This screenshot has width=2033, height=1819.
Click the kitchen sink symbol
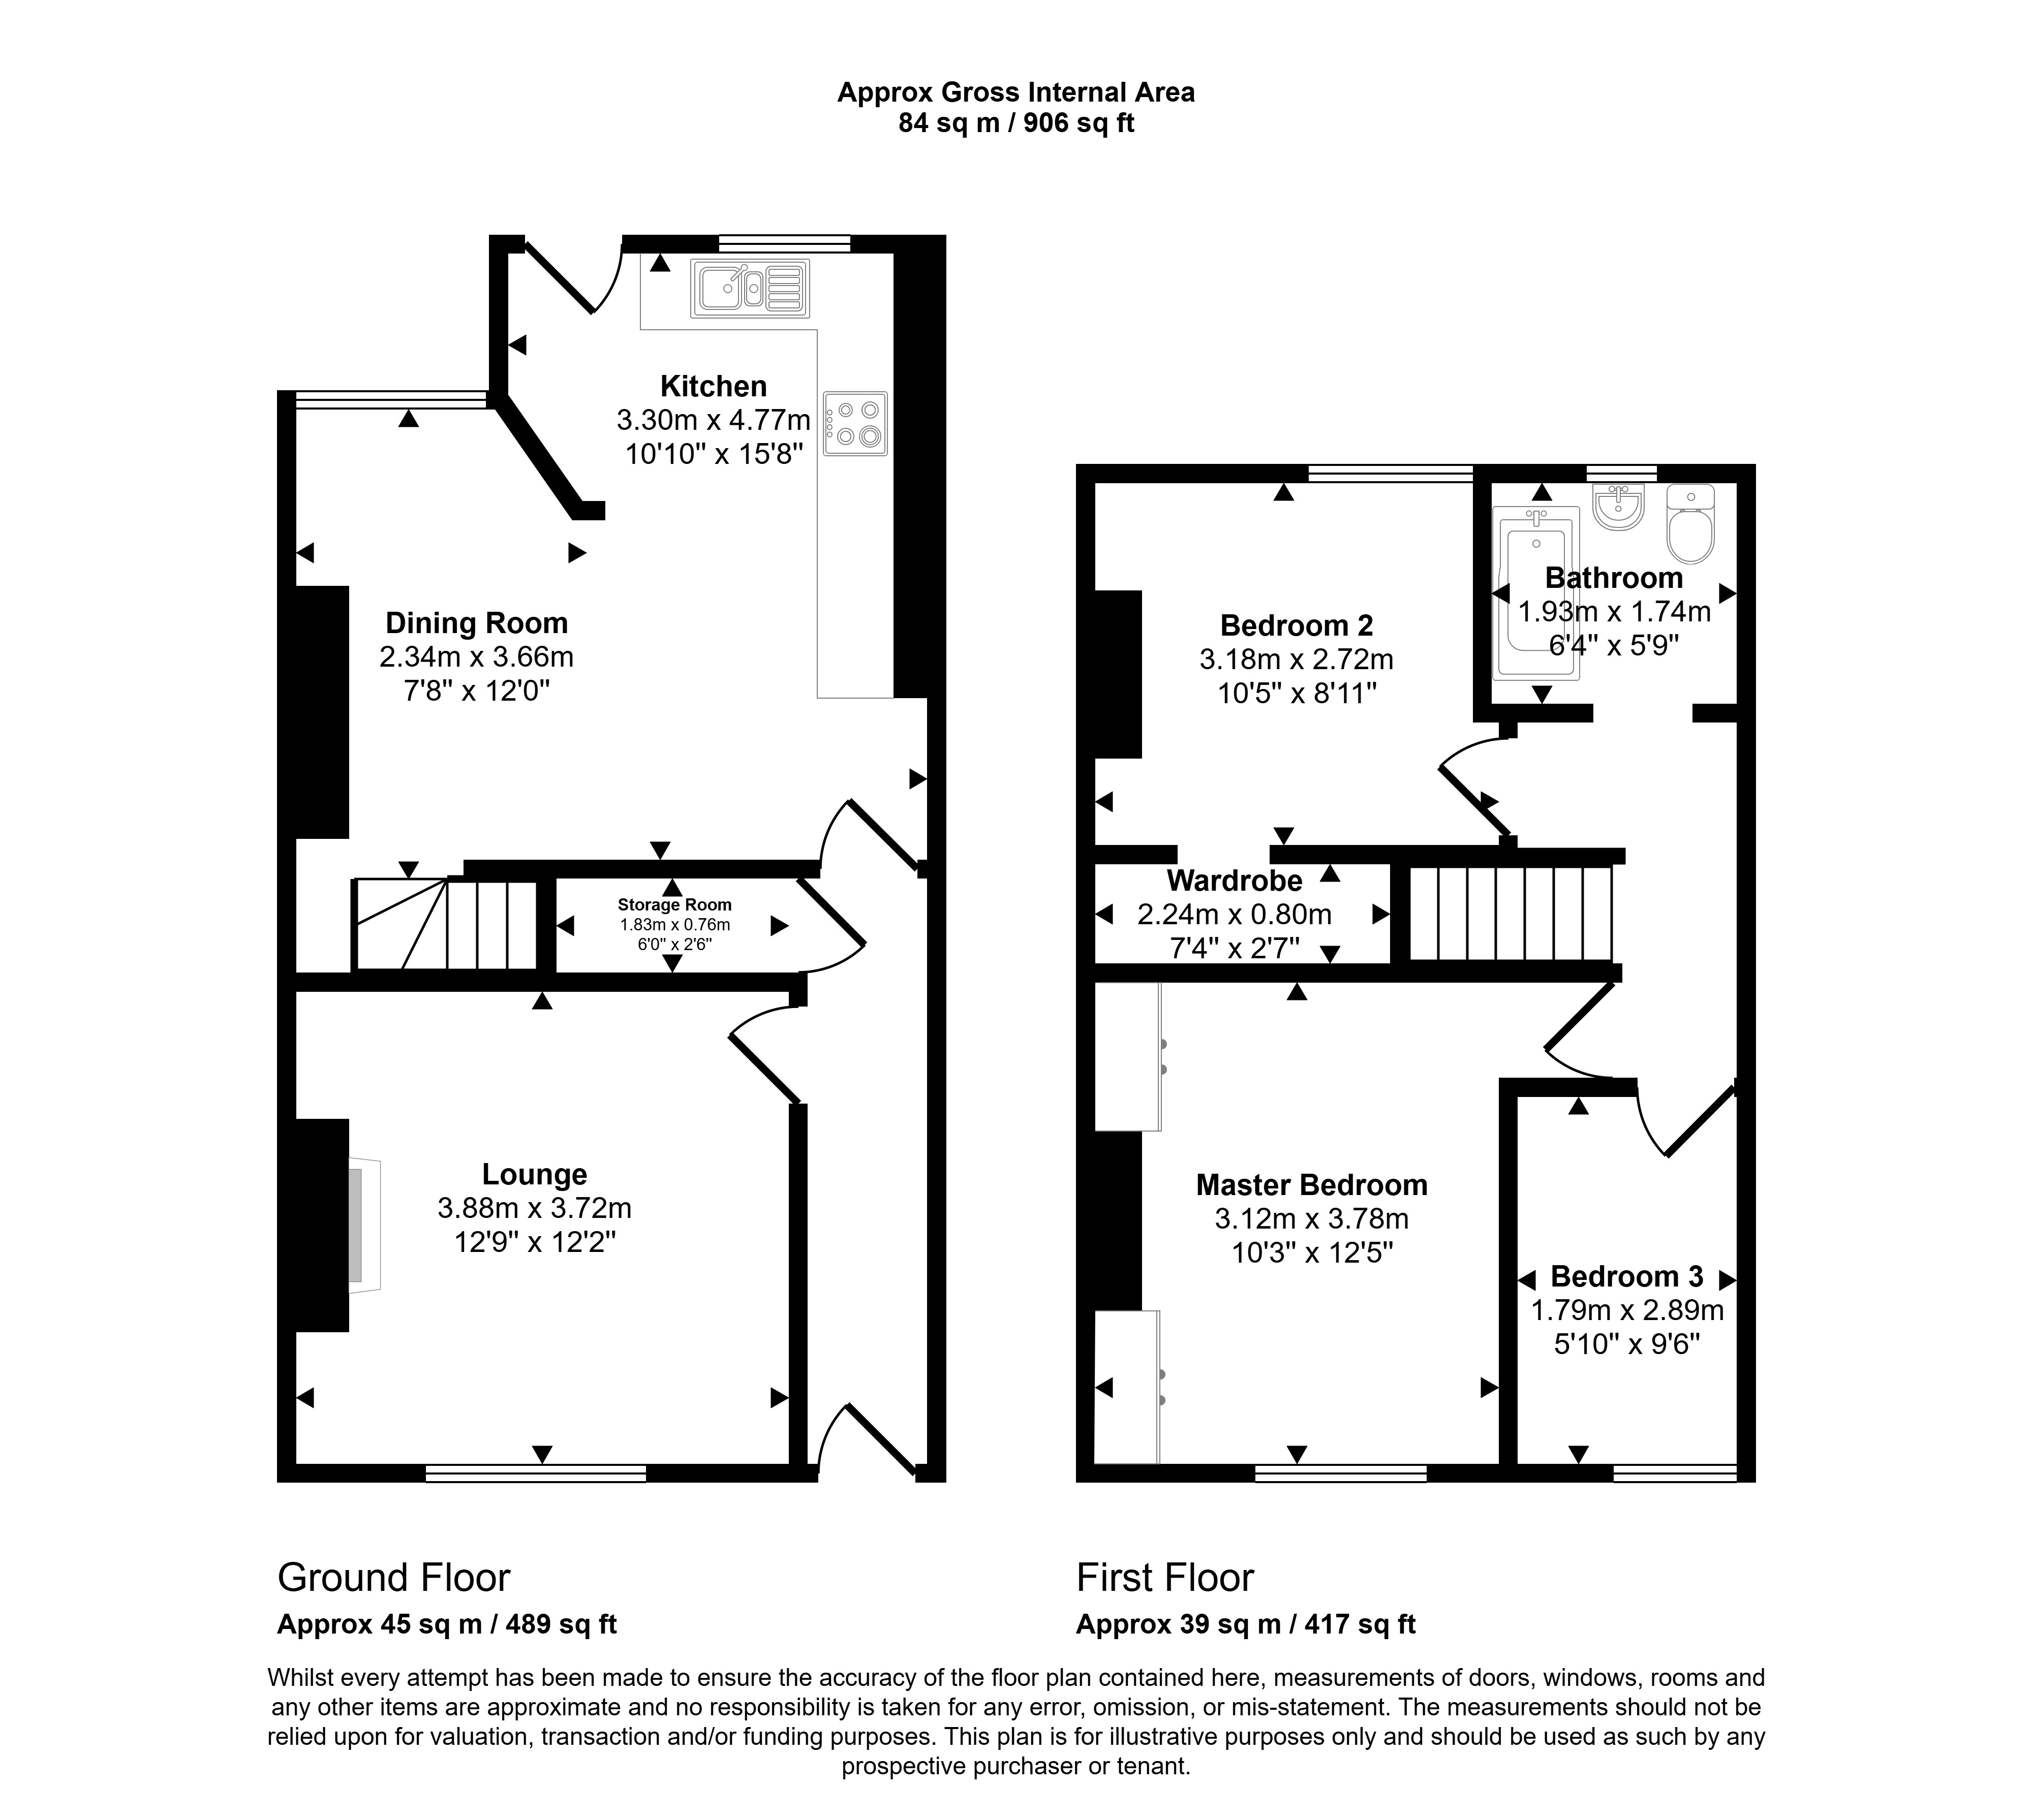point(749,289)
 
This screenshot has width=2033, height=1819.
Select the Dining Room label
point(477,622)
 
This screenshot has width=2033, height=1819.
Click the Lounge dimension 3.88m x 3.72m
point(535,1208)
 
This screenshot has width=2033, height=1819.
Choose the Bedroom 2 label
point(1297,625)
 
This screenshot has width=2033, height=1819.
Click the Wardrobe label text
point(1235,881)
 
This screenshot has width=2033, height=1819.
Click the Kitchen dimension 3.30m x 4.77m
point(714,420)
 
